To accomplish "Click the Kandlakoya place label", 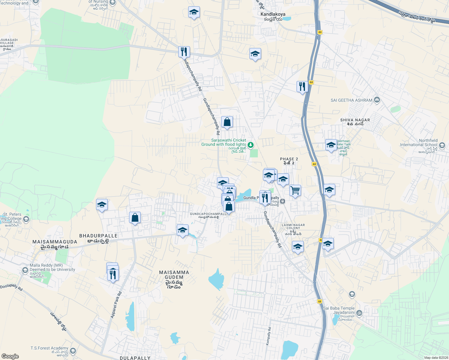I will [x=273, y=14].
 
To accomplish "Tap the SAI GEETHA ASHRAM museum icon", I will [x=377, y=100].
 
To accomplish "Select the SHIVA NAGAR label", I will [x=355, y=120].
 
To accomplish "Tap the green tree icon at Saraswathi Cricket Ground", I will [x=251, y=145].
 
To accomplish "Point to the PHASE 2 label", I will [x=289, y=159].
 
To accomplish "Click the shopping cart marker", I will [x=295, y=190].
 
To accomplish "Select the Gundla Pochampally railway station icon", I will [x=283, y=201].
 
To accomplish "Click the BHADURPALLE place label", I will [x=98, y=236].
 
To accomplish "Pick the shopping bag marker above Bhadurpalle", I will [x=135, y=217].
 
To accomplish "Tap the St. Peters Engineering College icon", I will [x=26, y=219].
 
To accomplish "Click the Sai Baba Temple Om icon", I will [x=359, y=313].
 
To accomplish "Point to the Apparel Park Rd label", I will [x=116, y=305].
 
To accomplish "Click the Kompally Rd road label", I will [x=269, y=336].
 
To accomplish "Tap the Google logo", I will [x=10, y=356].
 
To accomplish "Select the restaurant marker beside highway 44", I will [x=302, y=86].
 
